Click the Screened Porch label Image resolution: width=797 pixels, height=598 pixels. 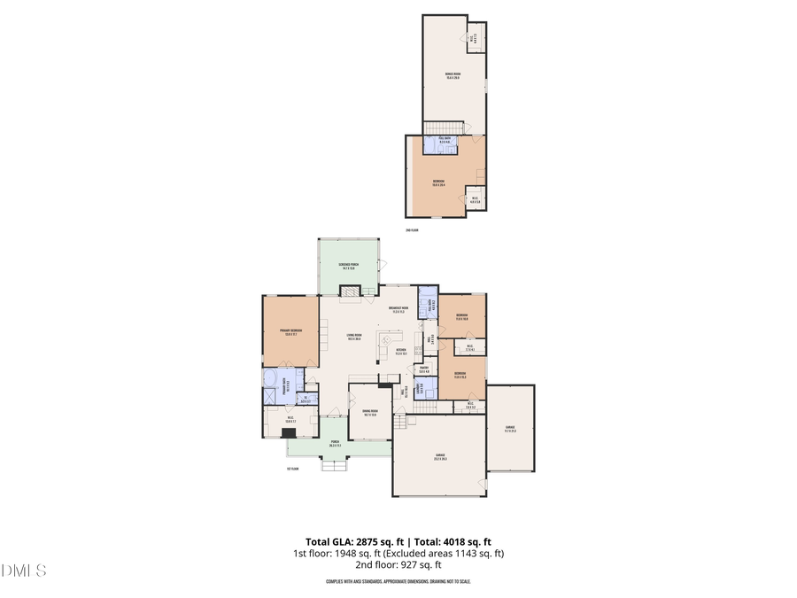pos(347,266)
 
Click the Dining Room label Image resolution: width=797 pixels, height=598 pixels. pos(370,412)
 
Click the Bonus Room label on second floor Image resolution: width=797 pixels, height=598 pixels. pos(453,76)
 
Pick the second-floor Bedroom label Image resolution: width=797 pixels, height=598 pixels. pos(438,183)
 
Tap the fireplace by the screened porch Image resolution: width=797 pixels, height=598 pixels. pos(352,291)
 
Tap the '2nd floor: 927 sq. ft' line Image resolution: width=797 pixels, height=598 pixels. pos(398,564)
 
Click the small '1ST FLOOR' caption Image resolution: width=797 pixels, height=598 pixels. pos(293,468)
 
